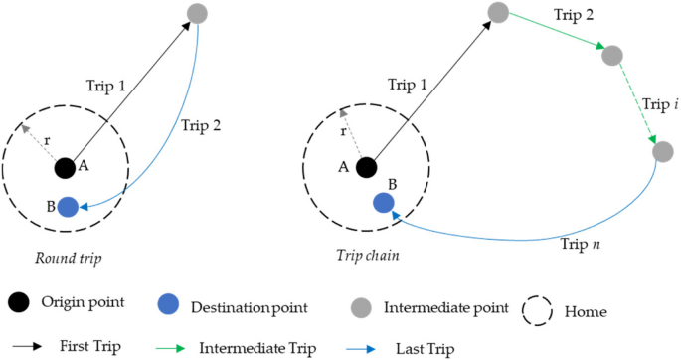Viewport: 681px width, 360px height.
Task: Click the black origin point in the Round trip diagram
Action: click(65, 168)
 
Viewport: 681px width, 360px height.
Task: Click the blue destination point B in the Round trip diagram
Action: click(68, 207)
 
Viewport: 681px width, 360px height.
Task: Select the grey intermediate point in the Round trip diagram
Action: click(197, 14)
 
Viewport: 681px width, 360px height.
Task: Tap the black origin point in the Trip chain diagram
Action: click(366, 168)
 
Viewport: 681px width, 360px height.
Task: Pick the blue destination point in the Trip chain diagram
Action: click(384, 203)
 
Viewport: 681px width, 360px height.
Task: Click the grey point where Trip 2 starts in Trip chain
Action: click(499, 13)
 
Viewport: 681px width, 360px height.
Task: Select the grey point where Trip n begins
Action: click(662, 152)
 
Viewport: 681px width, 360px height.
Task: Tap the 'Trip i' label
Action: click(657, 103)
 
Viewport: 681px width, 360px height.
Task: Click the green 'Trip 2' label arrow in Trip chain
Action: click(557, 33)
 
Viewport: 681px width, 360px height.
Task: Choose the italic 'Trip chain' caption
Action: click(368, 256)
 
